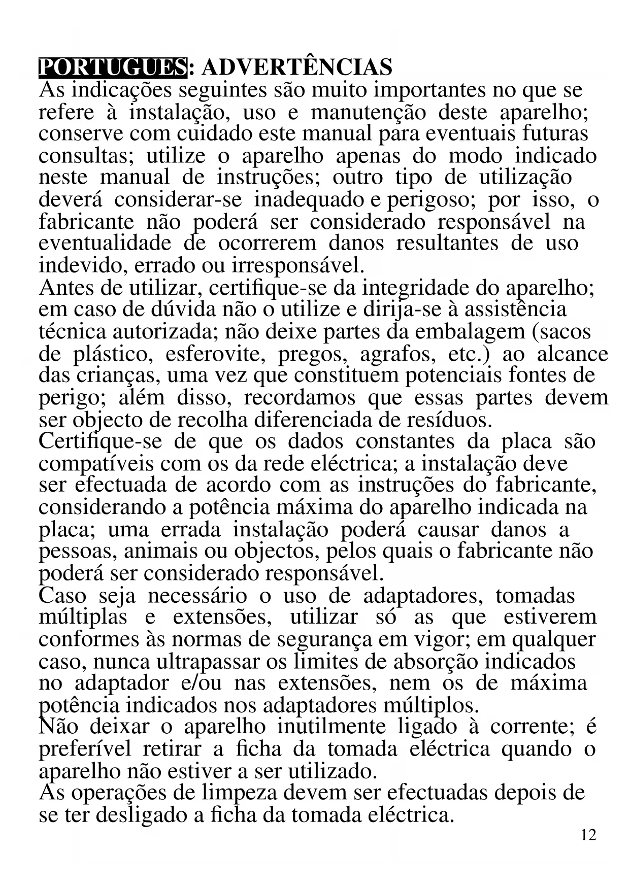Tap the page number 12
(x=588, y=835)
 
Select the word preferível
(x=85, y=749)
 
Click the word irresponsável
(x=297, y=265)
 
